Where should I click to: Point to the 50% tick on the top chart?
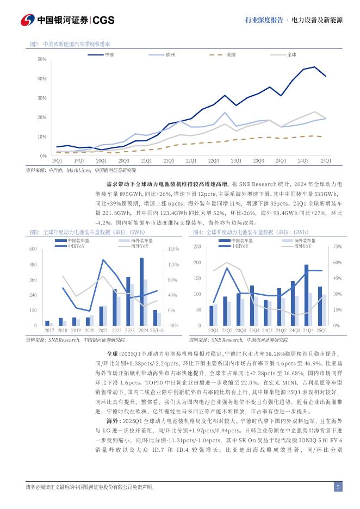pyautogui.click(x=42, y=59)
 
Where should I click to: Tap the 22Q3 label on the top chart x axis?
pyautogui.click(x=213, y=161)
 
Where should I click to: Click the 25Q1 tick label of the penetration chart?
pyautogui.click(x=326, y=161)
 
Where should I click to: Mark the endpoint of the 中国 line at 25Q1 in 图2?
pyautogui.click(x=326, y=76)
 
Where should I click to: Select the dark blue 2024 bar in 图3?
pyautogui.click(x=141, y=291)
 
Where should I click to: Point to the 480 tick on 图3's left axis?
pyautogui.click(x=32, y=264)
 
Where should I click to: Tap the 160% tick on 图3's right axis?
pyautogui.click(x=174, y=249)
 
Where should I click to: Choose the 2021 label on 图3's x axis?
pyautogui.click(x=103, y=330)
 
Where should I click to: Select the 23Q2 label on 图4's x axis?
pyautogui.click(x=226, y=330)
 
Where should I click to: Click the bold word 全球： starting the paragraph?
pyautogui.click(x=100, y=353)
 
